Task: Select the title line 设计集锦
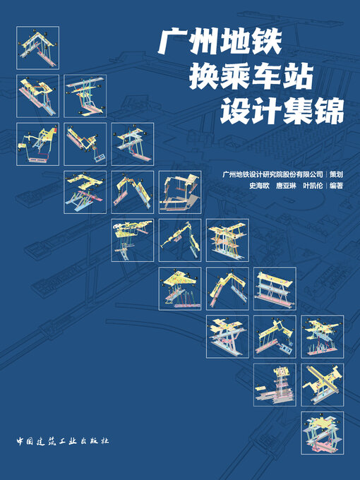[282, 111]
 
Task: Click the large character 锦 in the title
[329, 111]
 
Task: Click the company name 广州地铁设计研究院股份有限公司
[272, 174]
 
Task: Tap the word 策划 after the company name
[336, 174]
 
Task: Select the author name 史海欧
[260, 187]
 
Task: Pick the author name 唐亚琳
[286, 187]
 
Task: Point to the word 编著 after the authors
[336, 187]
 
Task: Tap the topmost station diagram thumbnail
[37, 48]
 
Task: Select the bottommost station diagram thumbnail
[323, 433]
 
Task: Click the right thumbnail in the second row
[85, 96]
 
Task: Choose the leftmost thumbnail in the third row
[37, 144]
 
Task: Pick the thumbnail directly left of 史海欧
[179, 192]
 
